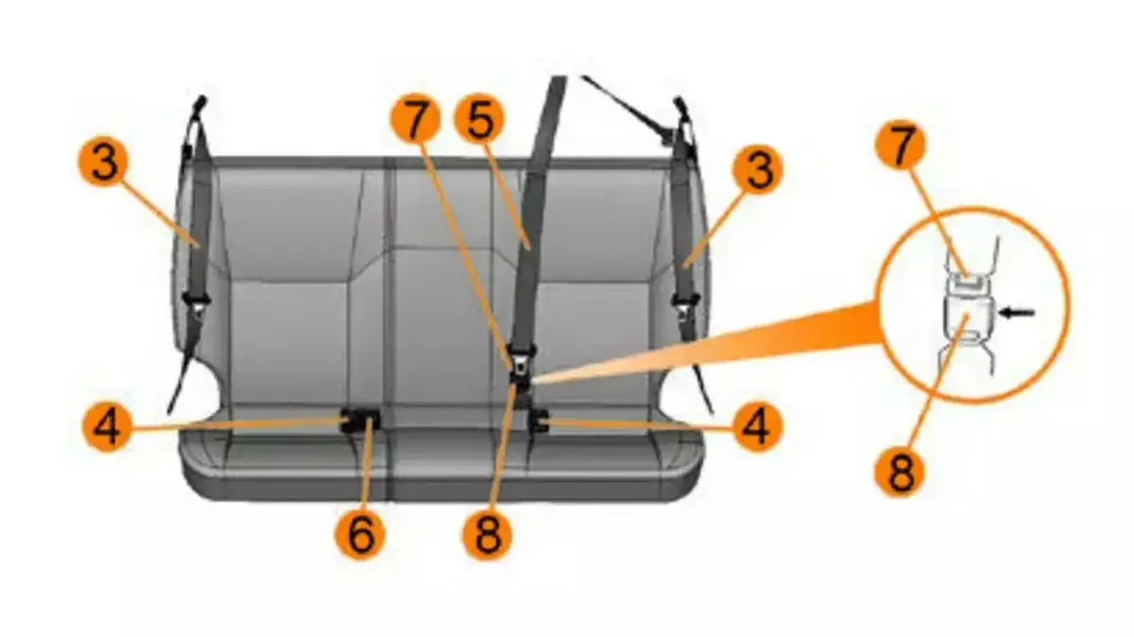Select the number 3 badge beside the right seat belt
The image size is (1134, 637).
[758, 168]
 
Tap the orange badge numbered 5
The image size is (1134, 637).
[479, 120]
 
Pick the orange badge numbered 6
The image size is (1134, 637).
[360, 534]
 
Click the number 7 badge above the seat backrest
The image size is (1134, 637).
[415, 120]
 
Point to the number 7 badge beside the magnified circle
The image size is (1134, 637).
[901, 146]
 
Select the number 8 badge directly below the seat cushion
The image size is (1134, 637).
[487, 534]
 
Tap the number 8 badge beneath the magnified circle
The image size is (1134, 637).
[900, 471]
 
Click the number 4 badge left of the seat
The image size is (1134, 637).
[108, 426]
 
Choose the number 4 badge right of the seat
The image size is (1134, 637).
[757, 426]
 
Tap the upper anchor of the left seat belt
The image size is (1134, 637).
[199, 105]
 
